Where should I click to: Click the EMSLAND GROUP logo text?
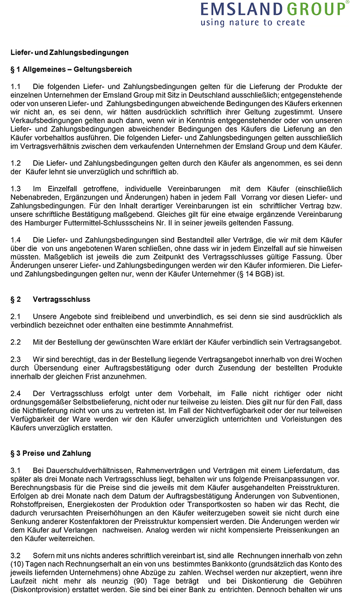[274, 9]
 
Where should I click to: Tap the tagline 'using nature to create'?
[252, 22]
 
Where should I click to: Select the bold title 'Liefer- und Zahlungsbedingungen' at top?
[70, 53]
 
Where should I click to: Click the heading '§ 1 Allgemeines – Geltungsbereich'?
[71, 69]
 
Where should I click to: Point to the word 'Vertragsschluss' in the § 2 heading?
[62, 299]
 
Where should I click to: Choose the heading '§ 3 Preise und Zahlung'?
[51, 453]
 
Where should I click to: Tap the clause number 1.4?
[16, 239]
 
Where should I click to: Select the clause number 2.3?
[16, 359]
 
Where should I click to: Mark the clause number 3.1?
[16, 470]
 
